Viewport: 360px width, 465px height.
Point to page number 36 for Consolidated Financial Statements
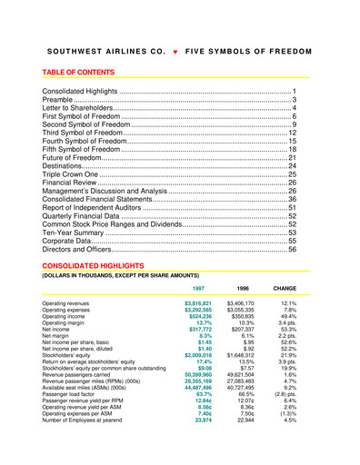tap(293, 198)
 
